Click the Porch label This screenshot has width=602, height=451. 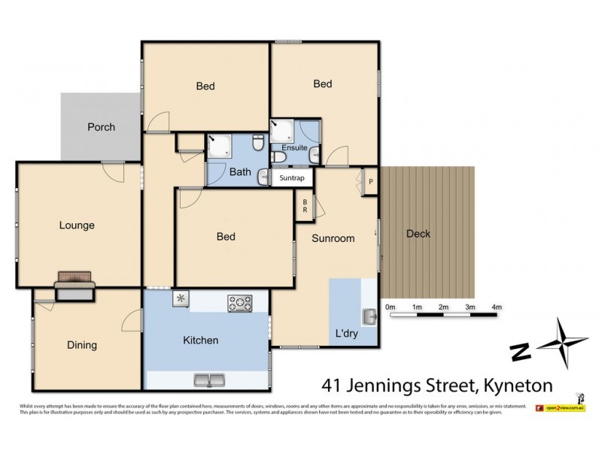[x=101, y=127]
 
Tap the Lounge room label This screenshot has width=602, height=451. [x=78, y=225]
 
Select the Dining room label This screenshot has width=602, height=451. [x=82, y=345]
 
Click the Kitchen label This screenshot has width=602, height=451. [x=201, y=340]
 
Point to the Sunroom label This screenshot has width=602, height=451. [x=333, y=238]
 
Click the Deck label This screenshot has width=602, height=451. [x=418, y=234]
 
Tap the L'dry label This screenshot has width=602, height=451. [x=346, y=334]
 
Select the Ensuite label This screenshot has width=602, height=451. [x=294, y=147]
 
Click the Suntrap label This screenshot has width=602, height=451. [x=292, y=178]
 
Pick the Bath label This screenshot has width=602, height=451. [x=240, y=172]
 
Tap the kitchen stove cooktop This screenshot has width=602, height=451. [x=241, y=304]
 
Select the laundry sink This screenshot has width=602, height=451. [x=369, y=316]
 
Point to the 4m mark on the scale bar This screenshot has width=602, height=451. [x=497, y=307]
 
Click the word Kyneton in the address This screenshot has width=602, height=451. [x=516, y=386]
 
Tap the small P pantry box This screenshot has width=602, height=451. [x=370, y=181]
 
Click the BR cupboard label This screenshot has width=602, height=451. [x=305, y=205]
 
